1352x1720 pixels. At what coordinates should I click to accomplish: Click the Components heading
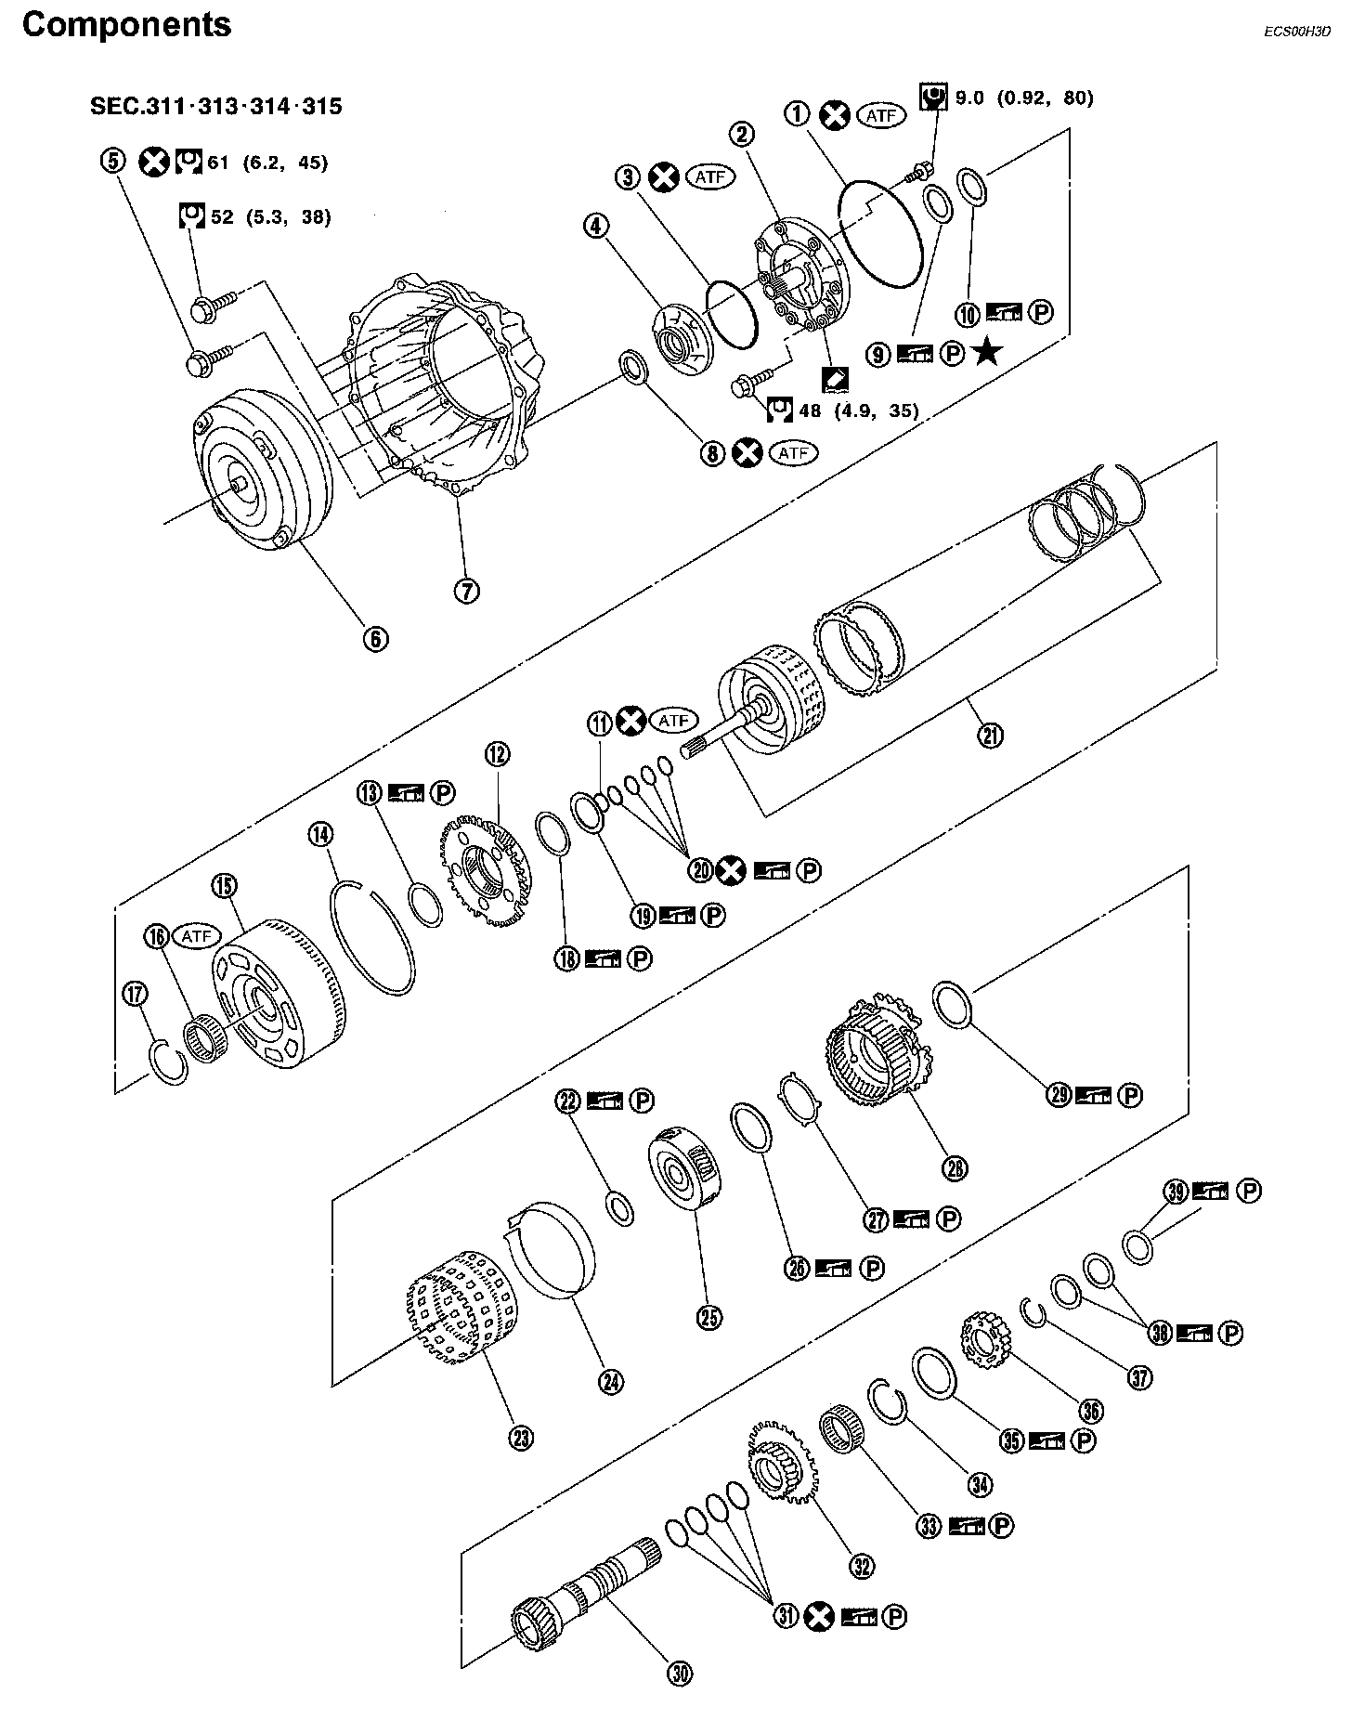pyautogui.click(x=126, y=25)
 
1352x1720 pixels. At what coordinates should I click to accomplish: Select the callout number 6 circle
pyautogui.click(x=376, y=638)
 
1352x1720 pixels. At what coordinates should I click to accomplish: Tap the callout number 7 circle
pyautogui.click(x=466, y=589)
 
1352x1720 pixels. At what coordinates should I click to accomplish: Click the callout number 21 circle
pyautogui.click(x=991, y=736)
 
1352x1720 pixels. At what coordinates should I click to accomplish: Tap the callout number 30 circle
pyautogui.click(x=681, y=1674)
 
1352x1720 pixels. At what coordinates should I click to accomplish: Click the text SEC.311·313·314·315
pyautogui.click(x=215, y=106)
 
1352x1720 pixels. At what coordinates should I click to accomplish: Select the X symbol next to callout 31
pyautogui.click(x=818, y=1617)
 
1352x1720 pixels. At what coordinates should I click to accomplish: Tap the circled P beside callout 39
pyautogui.click(x=1250, y=1191)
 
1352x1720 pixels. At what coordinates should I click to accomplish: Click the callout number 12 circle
pyautogui.click(x=497, y=754)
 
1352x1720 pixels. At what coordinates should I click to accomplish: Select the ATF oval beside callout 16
pyautogui.click(x=197, y=936)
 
